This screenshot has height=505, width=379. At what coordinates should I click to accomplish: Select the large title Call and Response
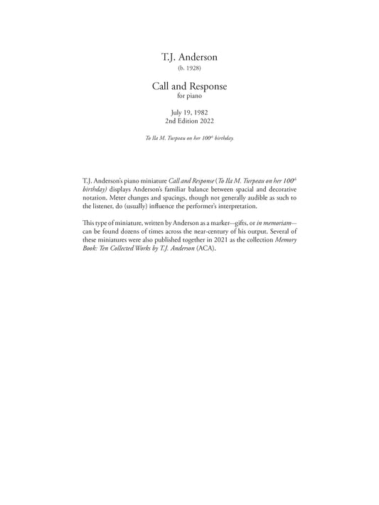pyautogui.click(x=189, y=86)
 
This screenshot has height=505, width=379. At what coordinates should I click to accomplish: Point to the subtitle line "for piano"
pyautogui.click(x=189, y=96)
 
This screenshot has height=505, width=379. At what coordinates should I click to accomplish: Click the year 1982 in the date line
pyautogui.click(x=201, y=112)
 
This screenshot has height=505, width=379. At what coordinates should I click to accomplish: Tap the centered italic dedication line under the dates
pyautogui.click(x=189, y=137)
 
